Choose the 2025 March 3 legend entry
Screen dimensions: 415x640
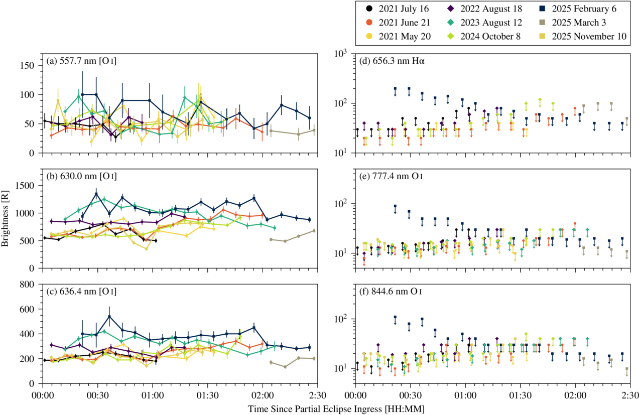coord(583,23)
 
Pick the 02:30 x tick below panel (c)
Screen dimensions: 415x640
coord(316,394)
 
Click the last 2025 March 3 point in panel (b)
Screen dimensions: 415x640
coord(314,231)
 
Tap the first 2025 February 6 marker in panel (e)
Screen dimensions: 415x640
coord(395,206)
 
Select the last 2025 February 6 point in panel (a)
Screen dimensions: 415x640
coord(309,118)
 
